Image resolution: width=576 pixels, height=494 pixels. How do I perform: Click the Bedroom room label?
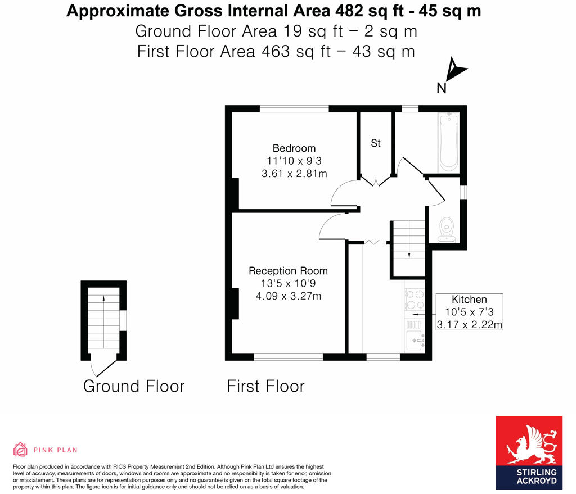point(294,148)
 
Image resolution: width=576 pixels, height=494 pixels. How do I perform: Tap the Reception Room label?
point(288,271)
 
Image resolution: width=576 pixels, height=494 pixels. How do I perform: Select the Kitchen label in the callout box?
point(469,300)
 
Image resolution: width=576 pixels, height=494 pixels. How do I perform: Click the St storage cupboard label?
point(375,143)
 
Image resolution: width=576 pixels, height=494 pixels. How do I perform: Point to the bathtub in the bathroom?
point(449,142)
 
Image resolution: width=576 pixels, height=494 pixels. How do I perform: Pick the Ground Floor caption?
point(134,386)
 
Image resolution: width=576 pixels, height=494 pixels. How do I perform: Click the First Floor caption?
point(265,386)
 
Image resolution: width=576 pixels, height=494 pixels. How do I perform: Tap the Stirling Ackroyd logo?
point(529,452)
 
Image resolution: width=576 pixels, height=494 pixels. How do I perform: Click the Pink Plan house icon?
point(20,450)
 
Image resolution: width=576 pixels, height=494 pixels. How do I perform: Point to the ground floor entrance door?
point(101,368)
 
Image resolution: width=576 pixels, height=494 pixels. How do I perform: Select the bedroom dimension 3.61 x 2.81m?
point(294,174)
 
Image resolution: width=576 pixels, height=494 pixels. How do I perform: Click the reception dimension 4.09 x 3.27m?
point(288,296)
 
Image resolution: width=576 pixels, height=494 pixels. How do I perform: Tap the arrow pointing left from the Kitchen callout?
point(419,315)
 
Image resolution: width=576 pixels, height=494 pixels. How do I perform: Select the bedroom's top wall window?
point(294,109)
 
